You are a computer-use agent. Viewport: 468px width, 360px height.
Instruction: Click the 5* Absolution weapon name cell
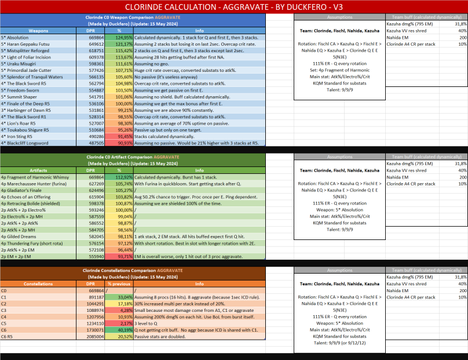point(17,37)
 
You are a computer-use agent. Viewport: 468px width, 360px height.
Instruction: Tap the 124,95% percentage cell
point(119,37)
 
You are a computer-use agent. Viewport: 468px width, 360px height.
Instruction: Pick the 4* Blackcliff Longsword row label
point(25,142)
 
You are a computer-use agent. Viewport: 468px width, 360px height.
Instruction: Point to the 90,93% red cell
point(119,142)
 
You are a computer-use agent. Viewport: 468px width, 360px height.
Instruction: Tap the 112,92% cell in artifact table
point(119,177)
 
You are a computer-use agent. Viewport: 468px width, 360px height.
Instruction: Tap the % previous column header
point(119,284)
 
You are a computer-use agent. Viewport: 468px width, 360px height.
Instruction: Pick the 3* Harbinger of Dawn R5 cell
point(25,110)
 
